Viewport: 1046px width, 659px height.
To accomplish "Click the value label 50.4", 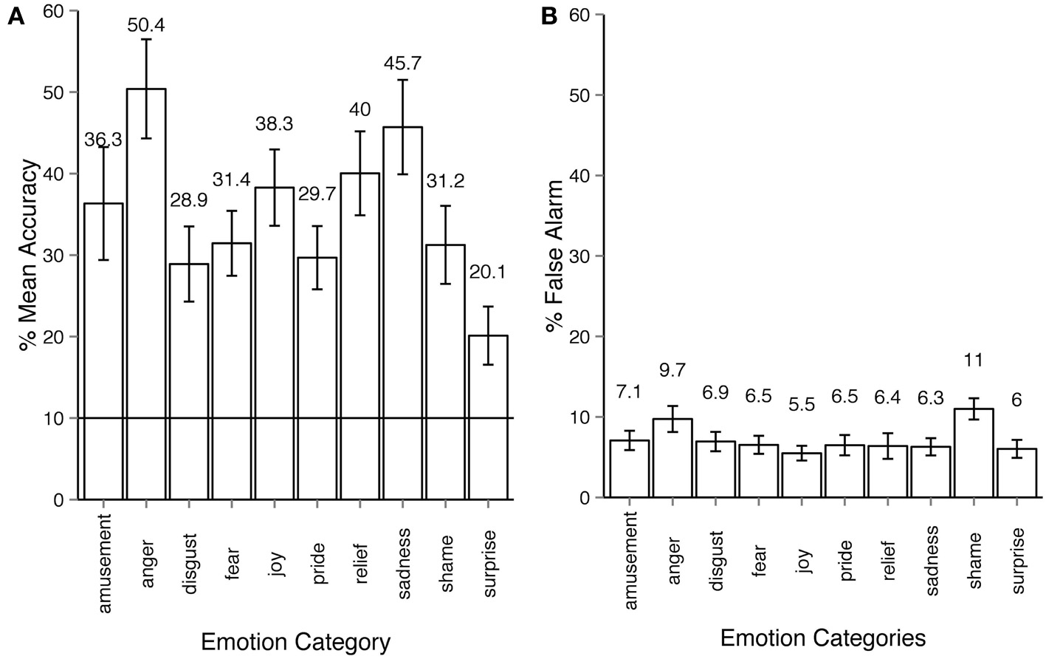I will coord(146,25).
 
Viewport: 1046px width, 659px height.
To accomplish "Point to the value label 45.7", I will coord(402,64).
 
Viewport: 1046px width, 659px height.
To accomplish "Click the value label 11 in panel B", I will coord(974,361).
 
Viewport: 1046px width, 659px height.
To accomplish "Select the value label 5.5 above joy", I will coord(802,405).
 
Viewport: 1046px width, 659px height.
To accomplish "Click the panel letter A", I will coord(16,18).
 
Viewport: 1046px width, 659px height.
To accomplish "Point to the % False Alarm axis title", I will coord(555,255).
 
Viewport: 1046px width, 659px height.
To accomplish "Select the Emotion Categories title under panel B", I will coord(822,637).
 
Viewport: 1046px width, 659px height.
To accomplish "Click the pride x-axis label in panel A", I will coord(318,544).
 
